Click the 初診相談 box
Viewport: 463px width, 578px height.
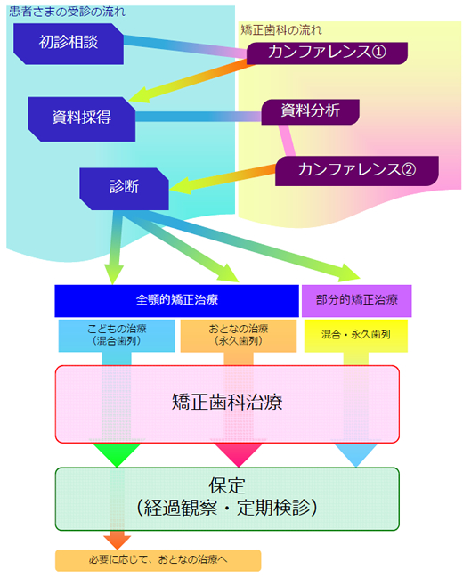click(69, 44)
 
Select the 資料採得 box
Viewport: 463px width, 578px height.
click(81, 119)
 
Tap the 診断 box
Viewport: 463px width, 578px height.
click(125, 189)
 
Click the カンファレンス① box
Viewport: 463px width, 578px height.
click(327, 53)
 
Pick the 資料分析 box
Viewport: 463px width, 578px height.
click(311, 112)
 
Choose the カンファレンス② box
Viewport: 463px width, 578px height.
click(357, 171)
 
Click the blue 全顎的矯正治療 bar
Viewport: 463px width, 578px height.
click(176, 301)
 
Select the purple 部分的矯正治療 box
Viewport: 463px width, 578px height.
click(356, 301)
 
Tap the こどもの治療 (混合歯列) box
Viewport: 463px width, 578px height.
click(117, 336)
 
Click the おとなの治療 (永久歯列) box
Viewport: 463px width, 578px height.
click(239, 336)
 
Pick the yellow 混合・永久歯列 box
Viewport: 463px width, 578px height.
click(356, 336)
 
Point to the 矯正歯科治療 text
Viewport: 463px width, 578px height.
click(227, 402)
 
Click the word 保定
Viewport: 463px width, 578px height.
click(227, 485)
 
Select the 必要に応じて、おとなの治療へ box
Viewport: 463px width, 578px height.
click(158, 560)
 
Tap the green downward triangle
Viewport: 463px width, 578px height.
click(117, 453)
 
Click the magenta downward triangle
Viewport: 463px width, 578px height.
click(239, 453)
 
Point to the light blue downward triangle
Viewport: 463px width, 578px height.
click(356, 453)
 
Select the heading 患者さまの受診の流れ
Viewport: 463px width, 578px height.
click(67, 12)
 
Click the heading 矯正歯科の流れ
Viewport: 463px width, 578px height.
click(281, 30)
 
